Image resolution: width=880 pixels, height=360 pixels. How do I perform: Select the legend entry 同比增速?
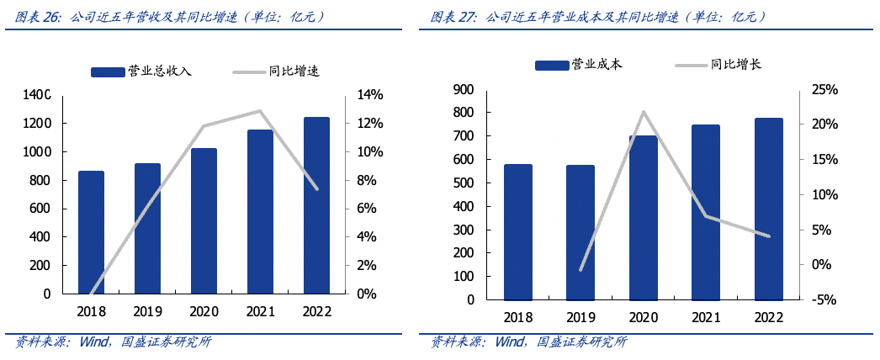[294, 71]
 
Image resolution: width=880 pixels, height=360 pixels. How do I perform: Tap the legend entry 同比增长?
[735, 64]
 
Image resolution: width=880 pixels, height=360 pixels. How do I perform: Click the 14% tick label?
[370, 95]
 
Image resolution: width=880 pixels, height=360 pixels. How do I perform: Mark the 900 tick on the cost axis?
[464, 89]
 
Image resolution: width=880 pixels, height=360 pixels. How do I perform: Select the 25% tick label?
[820, 89]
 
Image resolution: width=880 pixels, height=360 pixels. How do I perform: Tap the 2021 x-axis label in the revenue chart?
[260, 312]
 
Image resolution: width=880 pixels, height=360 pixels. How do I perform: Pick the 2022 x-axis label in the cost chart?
[769, 318]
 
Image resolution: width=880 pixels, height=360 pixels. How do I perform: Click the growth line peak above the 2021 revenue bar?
[260, 111]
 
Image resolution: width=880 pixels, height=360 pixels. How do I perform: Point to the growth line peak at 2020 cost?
[643, 111]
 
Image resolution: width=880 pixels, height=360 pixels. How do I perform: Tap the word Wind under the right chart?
[509, 342]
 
